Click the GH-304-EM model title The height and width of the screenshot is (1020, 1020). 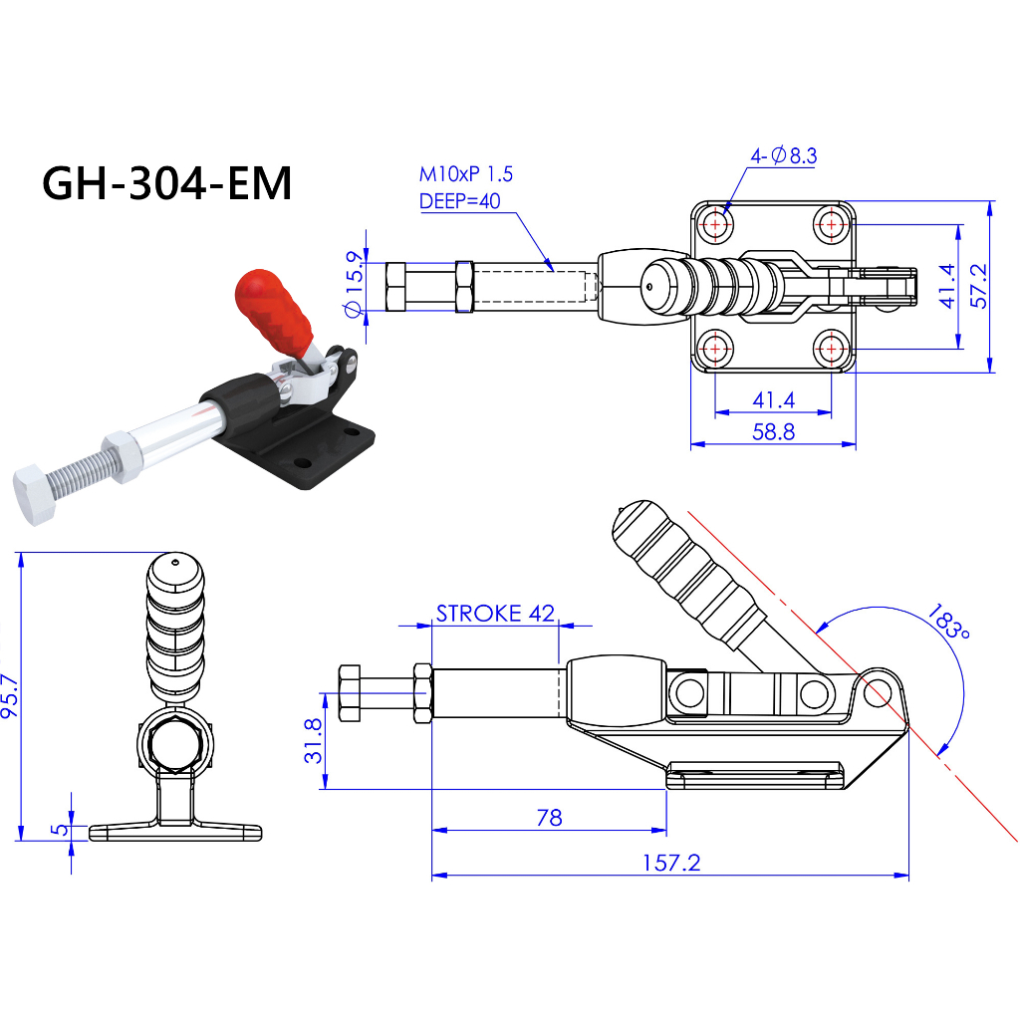click(167, 183)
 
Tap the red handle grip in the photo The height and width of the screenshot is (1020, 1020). click(272, 310)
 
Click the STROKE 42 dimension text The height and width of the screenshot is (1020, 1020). click(494, 613)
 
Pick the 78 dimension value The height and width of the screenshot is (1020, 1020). click(549, 818)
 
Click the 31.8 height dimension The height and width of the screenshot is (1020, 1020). click(313, 741)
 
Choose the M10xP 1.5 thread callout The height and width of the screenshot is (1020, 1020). click(465, 174)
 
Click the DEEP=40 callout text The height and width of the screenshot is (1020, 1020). click(459, 200)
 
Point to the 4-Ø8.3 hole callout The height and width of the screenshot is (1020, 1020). click(784, 154)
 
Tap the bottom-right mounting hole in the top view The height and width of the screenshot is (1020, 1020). click(832, 349)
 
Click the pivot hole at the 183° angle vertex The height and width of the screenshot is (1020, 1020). click(876, 692)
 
